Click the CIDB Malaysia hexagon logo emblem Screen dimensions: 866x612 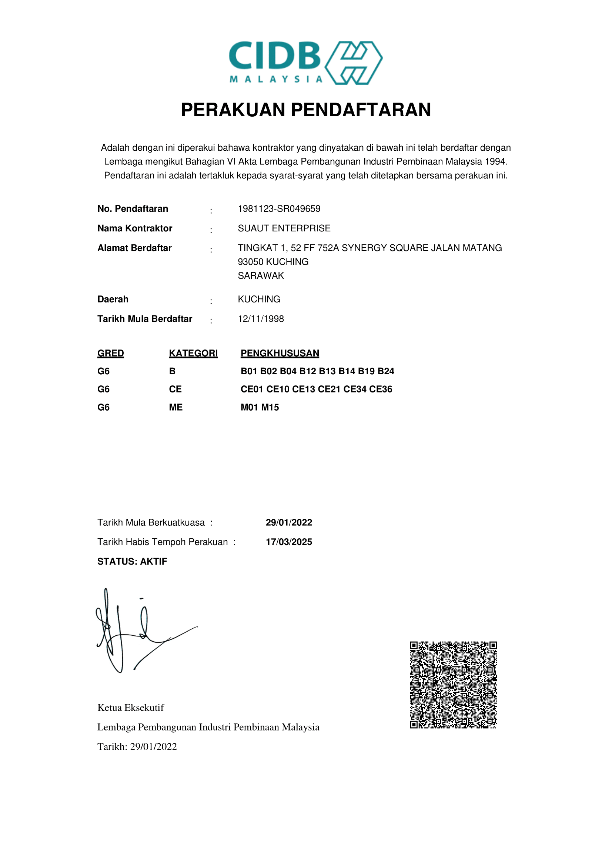point(353,63)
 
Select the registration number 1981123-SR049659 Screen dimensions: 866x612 point(279,208)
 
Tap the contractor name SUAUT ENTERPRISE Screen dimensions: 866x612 point(284,228)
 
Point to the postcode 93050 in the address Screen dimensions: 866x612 point(250,262)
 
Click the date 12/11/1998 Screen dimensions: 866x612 point(261,319)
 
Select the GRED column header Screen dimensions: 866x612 point(110,353)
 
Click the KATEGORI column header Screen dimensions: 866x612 point(193,353)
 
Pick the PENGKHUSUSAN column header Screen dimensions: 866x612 point(280,353)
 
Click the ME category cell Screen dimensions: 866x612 point(176,407)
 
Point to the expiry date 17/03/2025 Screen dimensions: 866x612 point(289,542)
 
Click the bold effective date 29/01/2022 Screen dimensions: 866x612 point(289,522)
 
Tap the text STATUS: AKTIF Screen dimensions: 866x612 point(132,562)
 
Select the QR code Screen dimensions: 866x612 point(453,685)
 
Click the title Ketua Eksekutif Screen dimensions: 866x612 point(130,708)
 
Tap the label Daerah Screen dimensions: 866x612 point(113,299)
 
